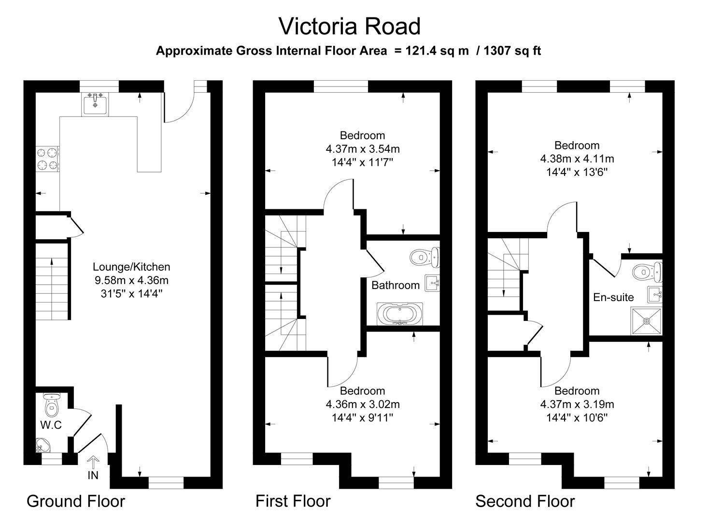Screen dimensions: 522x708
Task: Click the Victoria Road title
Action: [350, 26]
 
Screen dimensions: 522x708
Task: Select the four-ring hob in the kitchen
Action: [47, 159]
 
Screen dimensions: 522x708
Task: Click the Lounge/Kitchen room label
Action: [131, 267]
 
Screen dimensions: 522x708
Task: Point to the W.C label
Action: [51, 425]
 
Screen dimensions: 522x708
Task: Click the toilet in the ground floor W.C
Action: [51, 406]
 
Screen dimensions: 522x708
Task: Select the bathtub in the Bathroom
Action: [399, 314]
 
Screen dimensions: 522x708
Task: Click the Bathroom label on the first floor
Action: [395, 285]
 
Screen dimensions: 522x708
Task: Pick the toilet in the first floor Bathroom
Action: [425, 257]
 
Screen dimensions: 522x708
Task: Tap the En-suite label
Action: [613, 297]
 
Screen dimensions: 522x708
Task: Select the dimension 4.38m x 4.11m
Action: [577, 159]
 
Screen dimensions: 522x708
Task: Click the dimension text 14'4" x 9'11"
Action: [362, 418]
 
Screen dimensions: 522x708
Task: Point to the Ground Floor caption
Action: [76, 501]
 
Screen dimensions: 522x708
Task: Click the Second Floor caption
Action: [525, 501]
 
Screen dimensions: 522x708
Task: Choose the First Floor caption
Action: [293, 501]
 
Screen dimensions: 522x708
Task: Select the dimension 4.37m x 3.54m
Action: [362, 149]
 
